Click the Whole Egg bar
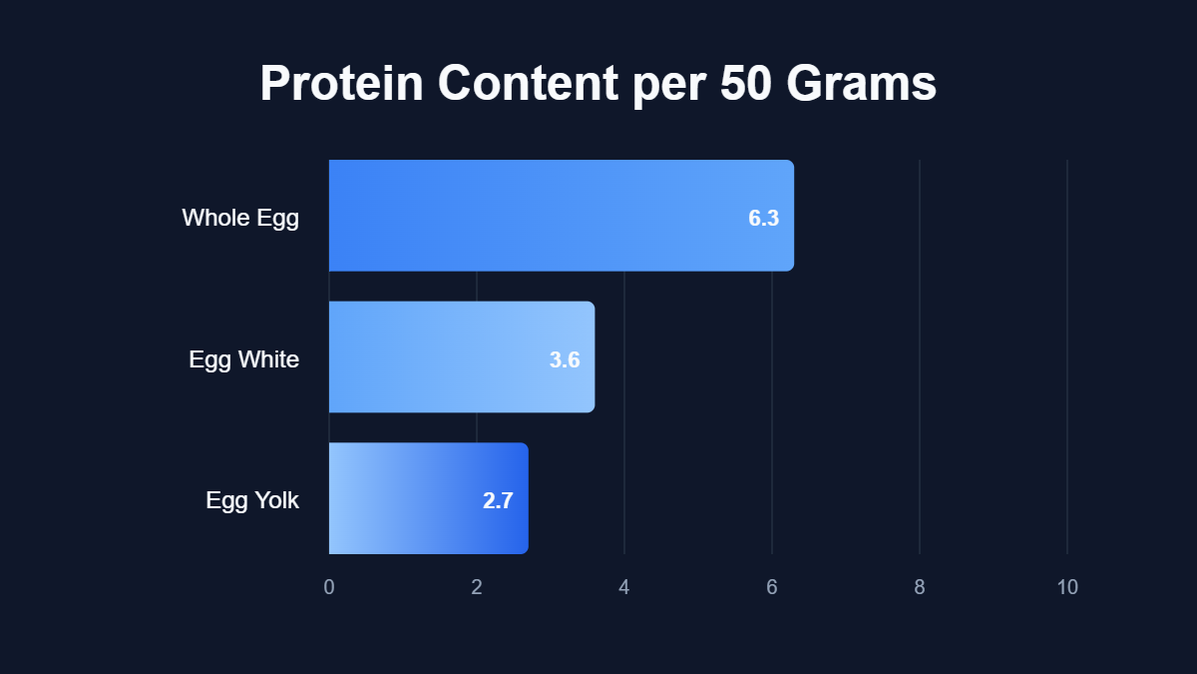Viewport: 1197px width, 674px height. pos(561,216)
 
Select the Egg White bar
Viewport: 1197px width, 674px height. pos(461,356)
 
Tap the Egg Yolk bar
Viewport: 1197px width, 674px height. pos(428,498)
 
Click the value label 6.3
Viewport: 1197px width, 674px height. pos(763,219)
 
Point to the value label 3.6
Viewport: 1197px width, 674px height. pos(565,360)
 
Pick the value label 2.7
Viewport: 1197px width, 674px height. pos(498,501)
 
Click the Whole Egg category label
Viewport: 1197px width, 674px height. pos(240,218)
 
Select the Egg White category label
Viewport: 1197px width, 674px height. pos(243,359)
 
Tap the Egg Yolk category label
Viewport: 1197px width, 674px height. pos(252,500)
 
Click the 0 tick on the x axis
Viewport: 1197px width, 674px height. pos(329,587)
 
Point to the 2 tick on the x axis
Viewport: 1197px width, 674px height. pos(477,587)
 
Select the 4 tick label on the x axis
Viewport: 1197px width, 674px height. pos(624,587)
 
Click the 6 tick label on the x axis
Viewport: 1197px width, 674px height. pos(772,587)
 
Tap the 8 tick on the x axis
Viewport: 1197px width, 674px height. pos(920,587)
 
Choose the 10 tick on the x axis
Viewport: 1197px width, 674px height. pos(1067,587)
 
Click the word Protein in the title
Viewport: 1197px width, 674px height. pos(341,84)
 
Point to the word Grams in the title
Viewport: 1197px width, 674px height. pos(862,84)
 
